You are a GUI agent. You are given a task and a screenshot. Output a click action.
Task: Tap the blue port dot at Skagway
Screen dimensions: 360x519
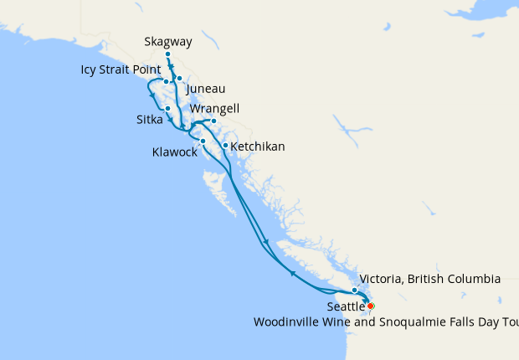(168, 54)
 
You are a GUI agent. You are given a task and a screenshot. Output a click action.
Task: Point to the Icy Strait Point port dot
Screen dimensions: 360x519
(166, 82)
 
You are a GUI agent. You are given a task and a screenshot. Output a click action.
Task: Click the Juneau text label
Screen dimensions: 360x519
(206, 89)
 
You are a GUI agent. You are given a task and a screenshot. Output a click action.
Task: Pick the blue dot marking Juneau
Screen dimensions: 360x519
(179, 79)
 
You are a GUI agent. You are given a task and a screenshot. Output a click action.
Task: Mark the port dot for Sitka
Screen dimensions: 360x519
(168, 108)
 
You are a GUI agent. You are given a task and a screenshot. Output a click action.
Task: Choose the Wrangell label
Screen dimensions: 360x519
(215, 109)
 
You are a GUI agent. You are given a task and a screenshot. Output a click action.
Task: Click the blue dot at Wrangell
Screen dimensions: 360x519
(213, 121)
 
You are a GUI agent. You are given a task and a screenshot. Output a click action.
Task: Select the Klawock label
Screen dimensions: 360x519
(175, 153)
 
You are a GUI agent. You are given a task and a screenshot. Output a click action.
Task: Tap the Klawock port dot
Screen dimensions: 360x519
(203, 141)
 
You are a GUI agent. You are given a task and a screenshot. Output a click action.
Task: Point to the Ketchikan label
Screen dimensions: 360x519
(257, 147)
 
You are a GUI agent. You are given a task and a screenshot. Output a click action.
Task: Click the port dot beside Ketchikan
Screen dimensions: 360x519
(225, 146)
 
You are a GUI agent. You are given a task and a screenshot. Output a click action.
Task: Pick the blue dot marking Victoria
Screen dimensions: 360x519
(355, 290)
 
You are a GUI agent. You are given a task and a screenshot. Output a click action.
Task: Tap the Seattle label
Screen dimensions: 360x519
(345, 307)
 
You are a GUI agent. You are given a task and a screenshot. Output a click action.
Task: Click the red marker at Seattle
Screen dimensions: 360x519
(371, 306)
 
